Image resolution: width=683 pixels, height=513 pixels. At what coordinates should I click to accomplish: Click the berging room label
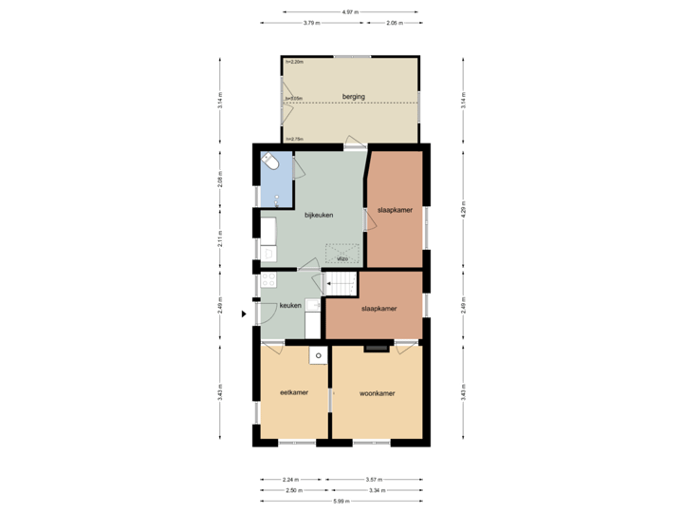(354, 97)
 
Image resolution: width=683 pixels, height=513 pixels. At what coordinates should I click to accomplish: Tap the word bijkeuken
(319, 215)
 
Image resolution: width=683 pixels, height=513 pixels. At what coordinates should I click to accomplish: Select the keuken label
(290, 305)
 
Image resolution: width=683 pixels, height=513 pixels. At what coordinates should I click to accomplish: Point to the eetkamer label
(293, 391)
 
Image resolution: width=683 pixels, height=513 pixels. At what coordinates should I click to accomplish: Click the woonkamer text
(377, 392)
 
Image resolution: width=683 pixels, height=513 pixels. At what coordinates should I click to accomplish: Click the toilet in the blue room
(271, 162)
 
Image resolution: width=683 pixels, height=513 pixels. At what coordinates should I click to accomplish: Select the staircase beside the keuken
(341, 282)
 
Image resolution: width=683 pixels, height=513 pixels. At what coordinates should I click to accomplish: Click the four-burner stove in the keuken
(268, 281)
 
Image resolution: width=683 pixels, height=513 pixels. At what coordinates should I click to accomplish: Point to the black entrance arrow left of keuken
(244, 313)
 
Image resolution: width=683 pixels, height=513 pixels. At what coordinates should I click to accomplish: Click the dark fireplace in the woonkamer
(377, 349)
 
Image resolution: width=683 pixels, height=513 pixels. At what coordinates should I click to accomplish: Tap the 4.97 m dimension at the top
(351, 11)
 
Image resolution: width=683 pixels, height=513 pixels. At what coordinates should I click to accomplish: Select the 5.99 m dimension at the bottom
(339, 501)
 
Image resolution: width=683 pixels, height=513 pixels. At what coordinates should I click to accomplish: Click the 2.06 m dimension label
(394, 23)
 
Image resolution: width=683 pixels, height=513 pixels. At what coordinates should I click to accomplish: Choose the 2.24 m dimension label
(291, 479)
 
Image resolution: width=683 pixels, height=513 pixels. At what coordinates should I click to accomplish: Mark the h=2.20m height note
(294, 62)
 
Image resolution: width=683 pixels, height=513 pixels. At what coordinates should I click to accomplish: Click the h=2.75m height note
(294, 140)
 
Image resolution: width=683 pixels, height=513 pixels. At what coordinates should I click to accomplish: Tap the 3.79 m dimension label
(310, 23)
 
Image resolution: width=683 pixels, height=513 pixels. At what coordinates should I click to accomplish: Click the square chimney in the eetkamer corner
(320, 355)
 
